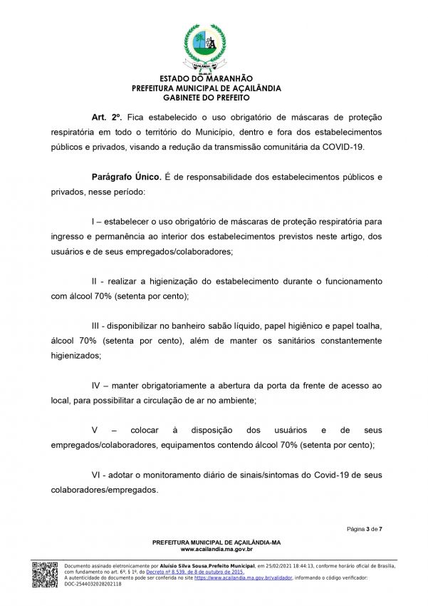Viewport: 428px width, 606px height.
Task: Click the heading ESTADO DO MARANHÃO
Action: click(207, 78)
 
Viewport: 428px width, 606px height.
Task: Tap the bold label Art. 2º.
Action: click(107, 116)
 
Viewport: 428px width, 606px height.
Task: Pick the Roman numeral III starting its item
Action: click(97, 324)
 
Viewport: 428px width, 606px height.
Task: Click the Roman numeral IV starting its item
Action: click(98, 386)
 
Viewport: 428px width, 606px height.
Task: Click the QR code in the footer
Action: click(45, 574)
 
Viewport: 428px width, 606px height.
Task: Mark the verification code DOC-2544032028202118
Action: click(93, 584)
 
